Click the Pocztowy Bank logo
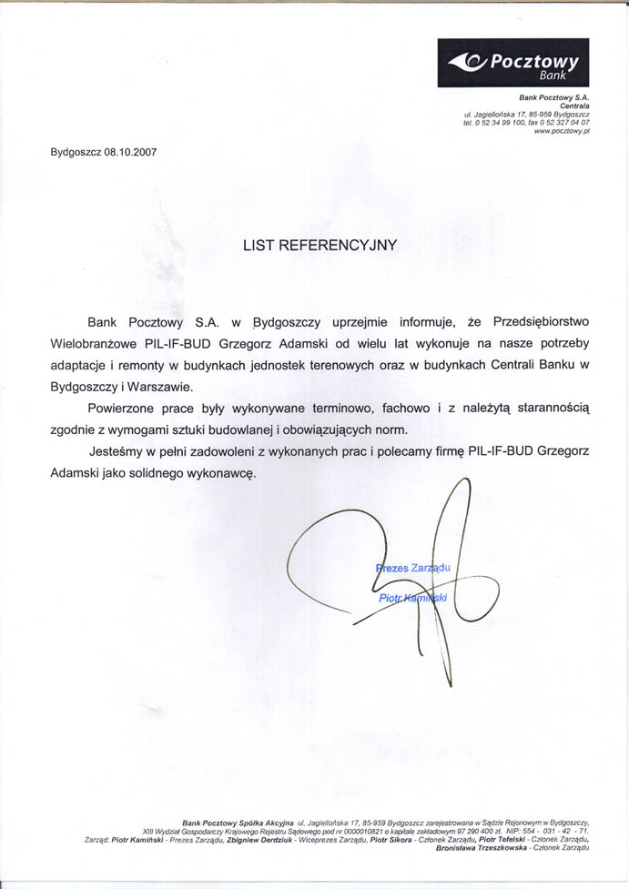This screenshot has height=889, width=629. coord(512,63)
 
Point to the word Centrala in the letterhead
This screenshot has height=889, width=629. coord(573,106)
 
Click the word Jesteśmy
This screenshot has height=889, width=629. coord(123,451)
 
